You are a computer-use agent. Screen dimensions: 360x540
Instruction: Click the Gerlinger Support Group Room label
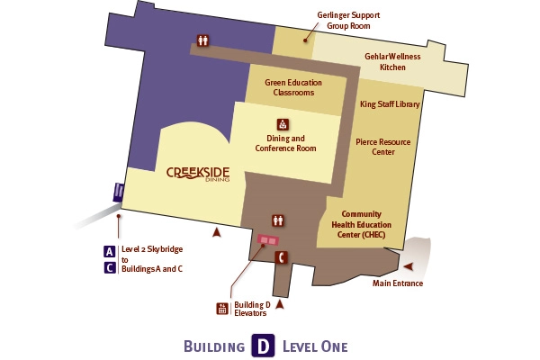pos(348,21)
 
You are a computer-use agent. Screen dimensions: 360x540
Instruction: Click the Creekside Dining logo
pos(198,173)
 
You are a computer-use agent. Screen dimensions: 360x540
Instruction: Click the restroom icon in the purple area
pos(203,40)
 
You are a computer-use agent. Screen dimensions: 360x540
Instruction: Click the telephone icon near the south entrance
pos(282,258)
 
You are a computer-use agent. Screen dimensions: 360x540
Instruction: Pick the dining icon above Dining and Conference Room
pos(283,124)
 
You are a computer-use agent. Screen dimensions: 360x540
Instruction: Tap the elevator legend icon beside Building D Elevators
pos(222,309)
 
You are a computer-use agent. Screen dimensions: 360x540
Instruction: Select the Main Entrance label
pos(398,283)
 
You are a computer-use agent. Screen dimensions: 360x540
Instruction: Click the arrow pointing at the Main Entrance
pos(410,266)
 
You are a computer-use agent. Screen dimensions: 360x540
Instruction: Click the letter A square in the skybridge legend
pos(109,252)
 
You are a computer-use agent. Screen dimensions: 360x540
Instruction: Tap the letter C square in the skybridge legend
pos(109,266)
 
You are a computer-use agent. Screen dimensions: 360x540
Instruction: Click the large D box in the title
pos(261,346)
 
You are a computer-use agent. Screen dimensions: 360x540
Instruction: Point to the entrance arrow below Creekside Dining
pos(215,233)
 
